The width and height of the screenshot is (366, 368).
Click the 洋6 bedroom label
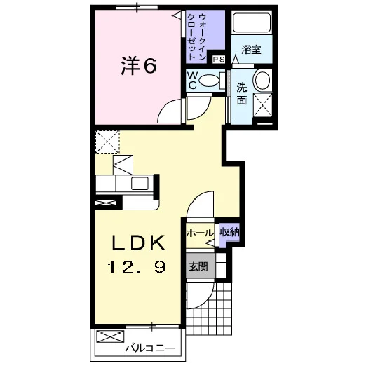tap(139, 66)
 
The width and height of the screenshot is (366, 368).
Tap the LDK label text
tap(138, 243)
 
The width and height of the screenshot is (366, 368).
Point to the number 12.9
tap(137, 267)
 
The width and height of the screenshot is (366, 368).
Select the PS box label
tap(219, 60)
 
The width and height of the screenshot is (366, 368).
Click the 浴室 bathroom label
tap(251, 50)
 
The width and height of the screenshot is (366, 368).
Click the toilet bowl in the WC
tap(208, 81)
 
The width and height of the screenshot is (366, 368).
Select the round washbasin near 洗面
tap(262, 79)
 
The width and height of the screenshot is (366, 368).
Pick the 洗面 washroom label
tap(242, 94)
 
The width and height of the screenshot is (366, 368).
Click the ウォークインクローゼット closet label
tap(196, 36)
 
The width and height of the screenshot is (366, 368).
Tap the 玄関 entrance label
tap(198, 266)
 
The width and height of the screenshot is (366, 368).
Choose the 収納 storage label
tap(229, 232)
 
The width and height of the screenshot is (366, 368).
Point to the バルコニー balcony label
tap(150, 348)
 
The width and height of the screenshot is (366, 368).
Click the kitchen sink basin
tap(140, 183)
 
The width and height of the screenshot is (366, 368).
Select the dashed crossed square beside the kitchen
tap(107, 142)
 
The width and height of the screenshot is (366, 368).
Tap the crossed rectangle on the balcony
tap(110, 336)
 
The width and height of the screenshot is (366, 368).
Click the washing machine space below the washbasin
tap(262, 105)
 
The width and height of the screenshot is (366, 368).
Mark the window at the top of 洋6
tap(137, 7)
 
